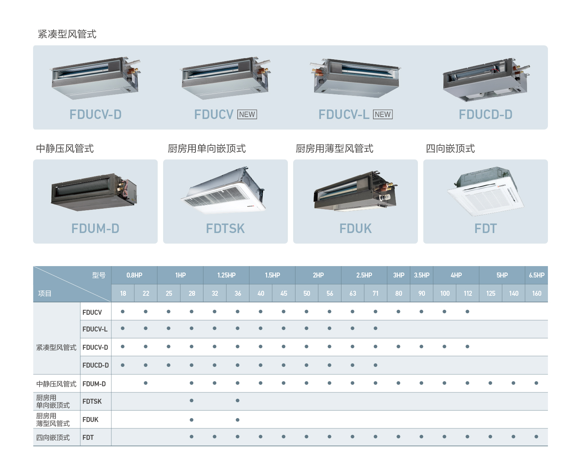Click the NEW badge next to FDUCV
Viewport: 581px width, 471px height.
[247, 114]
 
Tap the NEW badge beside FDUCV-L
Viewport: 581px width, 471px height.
[383, 114]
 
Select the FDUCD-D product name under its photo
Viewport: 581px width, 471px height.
[486, 114]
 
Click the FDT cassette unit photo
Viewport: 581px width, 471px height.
[485, 191]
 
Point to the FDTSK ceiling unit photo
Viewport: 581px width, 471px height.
[223, 190]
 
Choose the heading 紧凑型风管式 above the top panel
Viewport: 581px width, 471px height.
[67, 34]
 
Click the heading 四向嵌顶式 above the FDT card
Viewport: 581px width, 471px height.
[450, 149]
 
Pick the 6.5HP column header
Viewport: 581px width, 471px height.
[537, 275]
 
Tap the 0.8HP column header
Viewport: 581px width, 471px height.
[134, 275]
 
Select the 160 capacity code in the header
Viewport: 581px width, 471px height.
[537, 293]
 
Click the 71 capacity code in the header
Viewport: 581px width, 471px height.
[376, 293]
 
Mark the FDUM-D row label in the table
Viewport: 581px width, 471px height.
[94, 384]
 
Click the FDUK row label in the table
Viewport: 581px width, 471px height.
[90, 419]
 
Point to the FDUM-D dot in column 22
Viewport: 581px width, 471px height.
[146, 383]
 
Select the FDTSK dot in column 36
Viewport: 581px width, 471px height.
[238, 401]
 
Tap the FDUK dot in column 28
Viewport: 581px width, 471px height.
[192, 420]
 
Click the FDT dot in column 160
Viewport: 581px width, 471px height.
[536, 437]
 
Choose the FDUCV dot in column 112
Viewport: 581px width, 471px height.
[467, 311]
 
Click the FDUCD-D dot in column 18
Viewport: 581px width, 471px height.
[123, 365]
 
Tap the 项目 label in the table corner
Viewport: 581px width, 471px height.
[45, 293]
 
